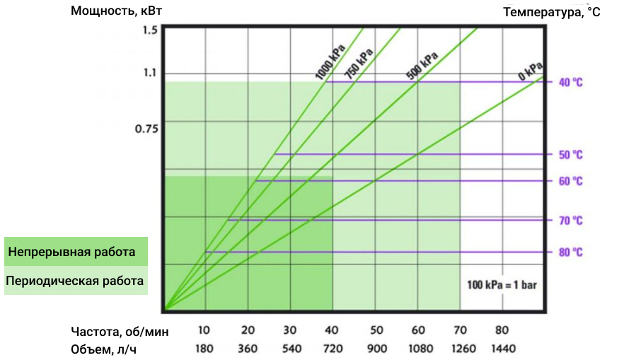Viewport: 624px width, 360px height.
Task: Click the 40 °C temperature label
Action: click(x=570, y=82)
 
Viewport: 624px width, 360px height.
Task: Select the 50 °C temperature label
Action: click(x=570, y=154)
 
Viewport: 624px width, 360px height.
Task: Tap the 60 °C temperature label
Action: click(x=570, y=181)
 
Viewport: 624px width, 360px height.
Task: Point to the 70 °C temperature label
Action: click(x=570, y=221)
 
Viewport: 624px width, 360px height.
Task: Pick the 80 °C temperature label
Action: click(x=570, y=252)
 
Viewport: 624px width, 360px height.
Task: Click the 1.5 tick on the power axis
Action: click(x=149, y=30)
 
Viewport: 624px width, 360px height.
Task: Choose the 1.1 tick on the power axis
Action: click(x=149, y=73)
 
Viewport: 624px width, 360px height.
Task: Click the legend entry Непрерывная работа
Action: click(x=71, y=252)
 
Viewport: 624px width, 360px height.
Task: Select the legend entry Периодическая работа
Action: click(x=75, y=281)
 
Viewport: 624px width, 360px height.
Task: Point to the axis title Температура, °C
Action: click(x=551, y=12)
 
